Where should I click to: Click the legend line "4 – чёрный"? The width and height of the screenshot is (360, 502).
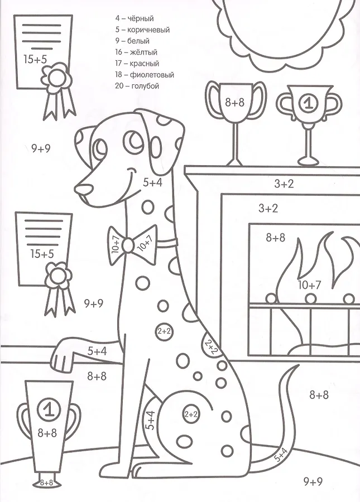pyautogui.click(x=135, y=18)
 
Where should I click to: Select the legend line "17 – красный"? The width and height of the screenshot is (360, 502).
pyautogui.click(x=137, y=64)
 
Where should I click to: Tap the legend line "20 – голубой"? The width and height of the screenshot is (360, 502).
pyautogui.click(x=137, y=86)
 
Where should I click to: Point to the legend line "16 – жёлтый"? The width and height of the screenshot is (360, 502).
pyautogui.click(x=136, y=52)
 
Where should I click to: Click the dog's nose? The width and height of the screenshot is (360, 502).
pyautogui.click(x=84, y=189)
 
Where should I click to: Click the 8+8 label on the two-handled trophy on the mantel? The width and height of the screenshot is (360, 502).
pyautogui.click(x=234, y=103)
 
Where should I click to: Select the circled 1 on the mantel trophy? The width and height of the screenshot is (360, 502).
pyautogui.click(x=308, y=103)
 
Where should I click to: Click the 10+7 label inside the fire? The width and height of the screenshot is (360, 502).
pyautogui.click(x=309, y=284)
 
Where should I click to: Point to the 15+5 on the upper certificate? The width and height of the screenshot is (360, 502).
pyautogui.click(x=35, y=59)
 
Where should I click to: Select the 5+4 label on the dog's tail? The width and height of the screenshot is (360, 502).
pyautogui.click(x=280, y=455)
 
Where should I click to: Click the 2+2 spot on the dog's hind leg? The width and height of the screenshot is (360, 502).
pyautogui.click(x=191, y=414)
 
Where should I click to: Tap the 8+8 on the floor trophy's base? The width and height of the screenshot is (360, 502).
pyautogui.click(x=46, y=483)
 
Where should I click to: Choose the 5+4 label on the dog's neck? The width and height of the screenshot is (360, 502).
pyautogui.click(x=152, y=182)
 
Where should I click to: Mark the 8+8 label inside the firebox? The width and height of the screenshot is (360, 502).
pyautogui.click(x=276, y=238)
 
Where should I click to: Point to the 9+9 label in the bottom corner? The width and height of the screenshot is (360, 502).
pyautogui.click(x=313, y=481)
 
